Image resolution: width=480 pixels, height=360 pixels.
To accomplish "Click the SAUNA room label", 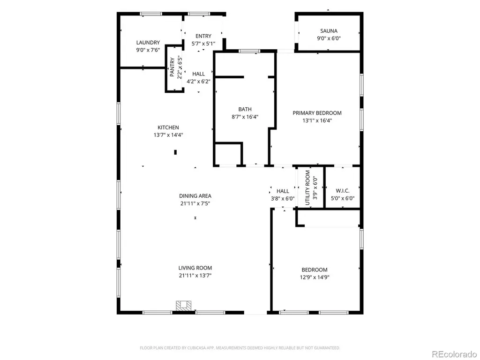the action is pyautogui.click(x=329, y=31).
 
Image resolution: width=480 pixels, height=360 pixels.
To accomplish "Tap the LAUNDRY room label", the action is pyautogui.click(x=148, y=43).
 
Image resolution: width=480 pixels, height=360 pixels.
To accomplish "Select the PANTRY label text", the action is pyautogui.click(x=172, y=67).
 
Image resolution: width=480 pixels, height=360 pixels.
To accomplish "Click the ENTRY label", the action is pyautogui.click(x=203, y=36).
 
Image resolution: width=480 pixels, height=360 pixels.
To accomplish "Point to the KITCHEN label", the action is pyautogui.click(x=168, y=127).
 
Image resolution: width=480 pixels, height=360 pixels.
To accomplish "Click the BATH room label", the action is pyautogui.click(x=245, y=109).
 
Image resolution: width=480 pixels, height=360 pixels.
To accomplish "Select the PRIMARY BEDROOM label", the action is pyautogui.click(x=317, y=113).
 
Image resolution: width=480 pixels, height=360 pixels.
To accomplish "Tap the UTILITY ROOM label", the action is pyautogui.click(x=307, y=187).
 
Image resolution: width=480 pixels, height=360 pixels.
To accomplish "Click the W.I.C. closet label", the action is pyautogui.click(x=343, y=191).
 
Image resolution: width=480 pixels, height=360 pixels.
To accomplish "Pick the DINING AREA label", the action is pyautogui.click(x=195, y=196).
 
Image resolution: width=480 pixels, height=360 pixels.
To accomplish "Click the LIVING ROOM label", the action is pyautogui.click(x=195, y=268).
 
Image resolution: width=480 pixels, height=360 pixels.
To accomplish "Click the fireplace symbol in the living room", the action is pyautogui.click(x=183, y=306).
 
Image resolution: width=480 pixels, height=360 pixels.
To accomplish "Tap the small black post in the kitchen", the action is pyautogui.click(x=175, y=152).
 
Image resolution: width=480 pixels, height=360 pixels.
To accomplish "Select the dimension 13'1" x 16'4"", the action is pyautogui.click(x=317, y=120).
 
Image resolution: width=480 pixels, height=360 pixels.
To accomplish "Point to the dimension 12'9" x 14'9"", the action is pyautogui.click(x=315, y=277).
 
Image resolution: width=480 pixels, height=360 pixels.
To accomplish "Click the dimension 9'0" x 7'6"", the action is pyautogui.click(x=148, y=50).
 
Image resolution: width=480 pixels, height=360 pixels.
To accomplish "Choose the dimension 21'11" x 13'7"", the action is pyautogui.click(x=195, y=276).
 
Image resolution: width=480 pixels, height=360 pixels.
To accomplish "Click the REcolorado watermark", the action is pyautogui.click(x=454, y=354).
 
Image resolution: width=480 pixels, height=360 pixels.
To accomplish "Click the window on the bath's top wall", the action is pyautogui.click(x=249, y=51).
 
